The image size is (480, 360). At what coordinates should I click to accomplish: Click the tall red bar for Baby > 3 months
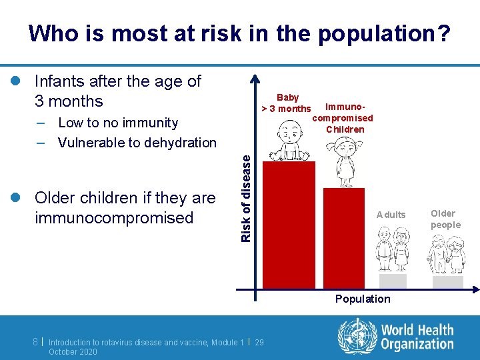289,223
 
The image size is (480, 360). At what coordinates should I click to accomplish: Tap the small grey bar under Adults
393,281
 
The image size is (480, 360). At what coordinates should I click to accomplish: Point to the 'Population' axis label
363,299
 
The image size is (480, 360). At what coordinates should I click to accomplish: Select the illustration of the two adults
392,249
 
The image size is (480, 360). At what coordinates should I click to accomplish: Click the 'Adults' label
391,215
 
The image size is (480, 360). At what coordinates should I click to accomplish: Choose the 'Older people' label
445,219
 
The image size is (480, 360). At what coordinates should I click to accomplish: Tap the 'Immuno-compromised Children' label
343,118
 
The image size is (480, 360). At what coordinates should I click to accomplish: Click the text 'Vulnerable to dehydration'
137,142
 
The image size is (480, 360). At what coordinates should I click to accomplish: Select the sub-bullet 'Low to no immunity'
118,123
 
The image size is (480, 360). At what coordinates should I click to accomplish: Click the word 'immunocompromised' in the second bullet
113,217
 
